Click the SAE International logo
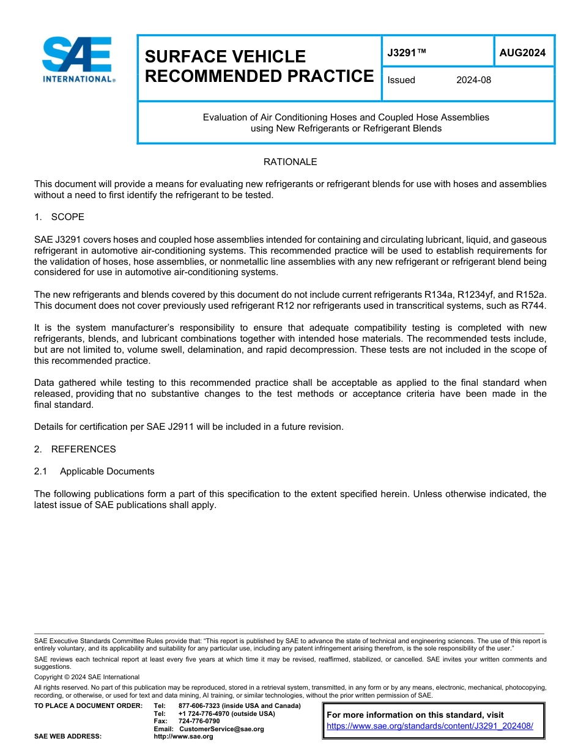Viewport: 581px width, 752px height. pos(76,60)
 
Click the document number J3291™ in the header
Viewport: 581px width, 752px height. pos(406,53)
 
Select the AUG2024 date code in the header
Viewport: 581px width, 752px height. pos(522,53)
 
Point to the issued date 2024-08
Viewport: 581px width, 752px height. pos(473,80)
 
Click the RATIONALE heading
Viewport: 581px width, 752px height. pos(290,162)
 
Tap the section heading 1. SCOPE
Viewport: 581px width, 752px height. pos(59,217)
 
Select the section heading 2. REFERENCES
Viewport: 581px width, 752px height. pos(75,449)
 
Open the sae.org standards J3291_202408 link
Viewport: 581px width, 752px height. pos(430,726)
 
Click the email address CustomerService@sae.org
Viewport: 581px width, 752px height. pos(221,729)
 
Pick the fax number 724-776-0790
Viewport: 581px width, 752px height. pos(199,721)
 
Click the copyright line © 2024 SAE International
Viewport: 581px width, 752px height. pos(87,677)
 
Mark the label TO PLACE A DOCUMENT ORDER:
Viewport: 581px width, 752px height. pos(88,706)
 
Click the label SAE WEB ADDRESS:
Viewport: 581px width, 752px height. pos(68,737)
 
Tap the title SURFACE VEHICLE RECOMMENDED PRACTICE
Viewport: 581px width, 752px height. pos(259,66)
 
